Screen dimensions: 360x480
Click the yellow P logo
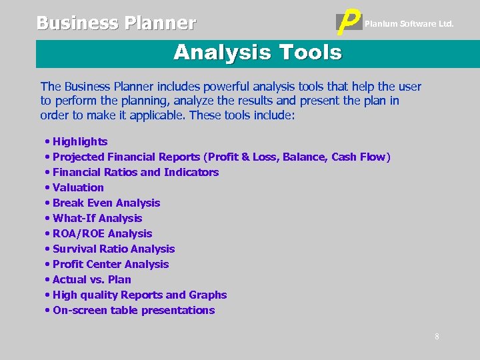tap(349, 23)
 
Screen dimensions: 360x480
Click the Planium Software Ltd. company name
tap(409, 24)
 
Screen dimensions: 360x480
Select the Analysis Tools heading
tap(257, 52)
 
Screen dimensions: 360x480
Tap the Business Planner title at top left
tap(116, 23)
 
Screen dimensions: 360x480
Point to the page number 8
tap(437, 337)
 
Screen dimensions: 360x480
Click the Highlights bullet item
tap(79, 141)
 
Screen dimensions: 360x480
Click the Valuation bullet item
tap(78, 187)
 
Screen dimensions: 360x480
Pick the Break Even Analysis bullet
tap(106, 203)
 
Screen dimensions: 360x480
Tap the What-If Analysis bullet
tap(97, 218)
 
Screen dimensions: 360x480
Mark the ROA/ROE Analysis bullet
tap(102, 233)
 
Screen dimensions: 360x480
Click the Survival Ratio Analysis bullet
tap(113, 249)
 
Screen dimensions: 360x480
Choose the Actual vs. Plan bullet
tap(91, 279)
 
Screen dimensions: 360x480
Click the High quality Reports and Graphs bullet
tap(139, 295)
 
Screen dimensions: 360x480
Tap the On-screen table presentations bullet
tap(133, 310)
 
